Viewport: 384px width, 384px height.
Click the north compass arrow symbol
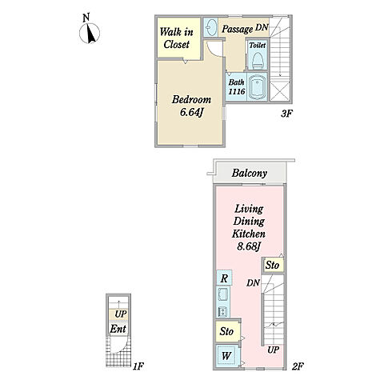90,33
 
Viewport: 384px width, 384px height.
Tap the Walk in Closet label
176,38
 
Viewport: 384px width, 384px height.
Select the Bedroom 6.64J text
191,106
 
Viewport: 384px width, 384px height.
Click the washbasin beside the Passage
211,27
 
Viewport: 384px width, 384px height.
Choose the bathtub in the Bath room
258,86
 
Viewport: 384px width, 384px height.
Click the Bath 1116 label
236,86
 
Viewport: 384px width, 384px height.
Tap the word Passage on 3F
237,29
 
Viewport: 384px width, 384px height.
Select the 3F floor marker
286,114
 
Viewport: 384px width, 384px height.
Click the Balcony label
250,173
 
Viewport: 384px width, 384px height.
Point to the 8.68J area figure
249,246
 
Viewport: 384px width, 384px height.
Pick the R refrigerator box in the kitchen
224,278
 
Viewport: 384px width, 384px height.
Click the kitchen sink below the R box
223,294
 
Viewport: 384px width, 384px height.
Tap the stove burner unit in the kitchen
222,311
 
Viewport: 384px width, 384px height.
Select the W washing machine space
226,355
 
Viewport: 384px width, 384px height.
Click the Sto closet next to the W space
227,331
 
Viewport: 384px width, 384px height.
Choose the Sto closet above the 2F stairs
272,265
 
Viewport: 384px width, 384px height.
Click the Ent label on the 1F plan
118,329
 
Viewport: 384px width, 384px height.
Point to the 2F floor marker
298,366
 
